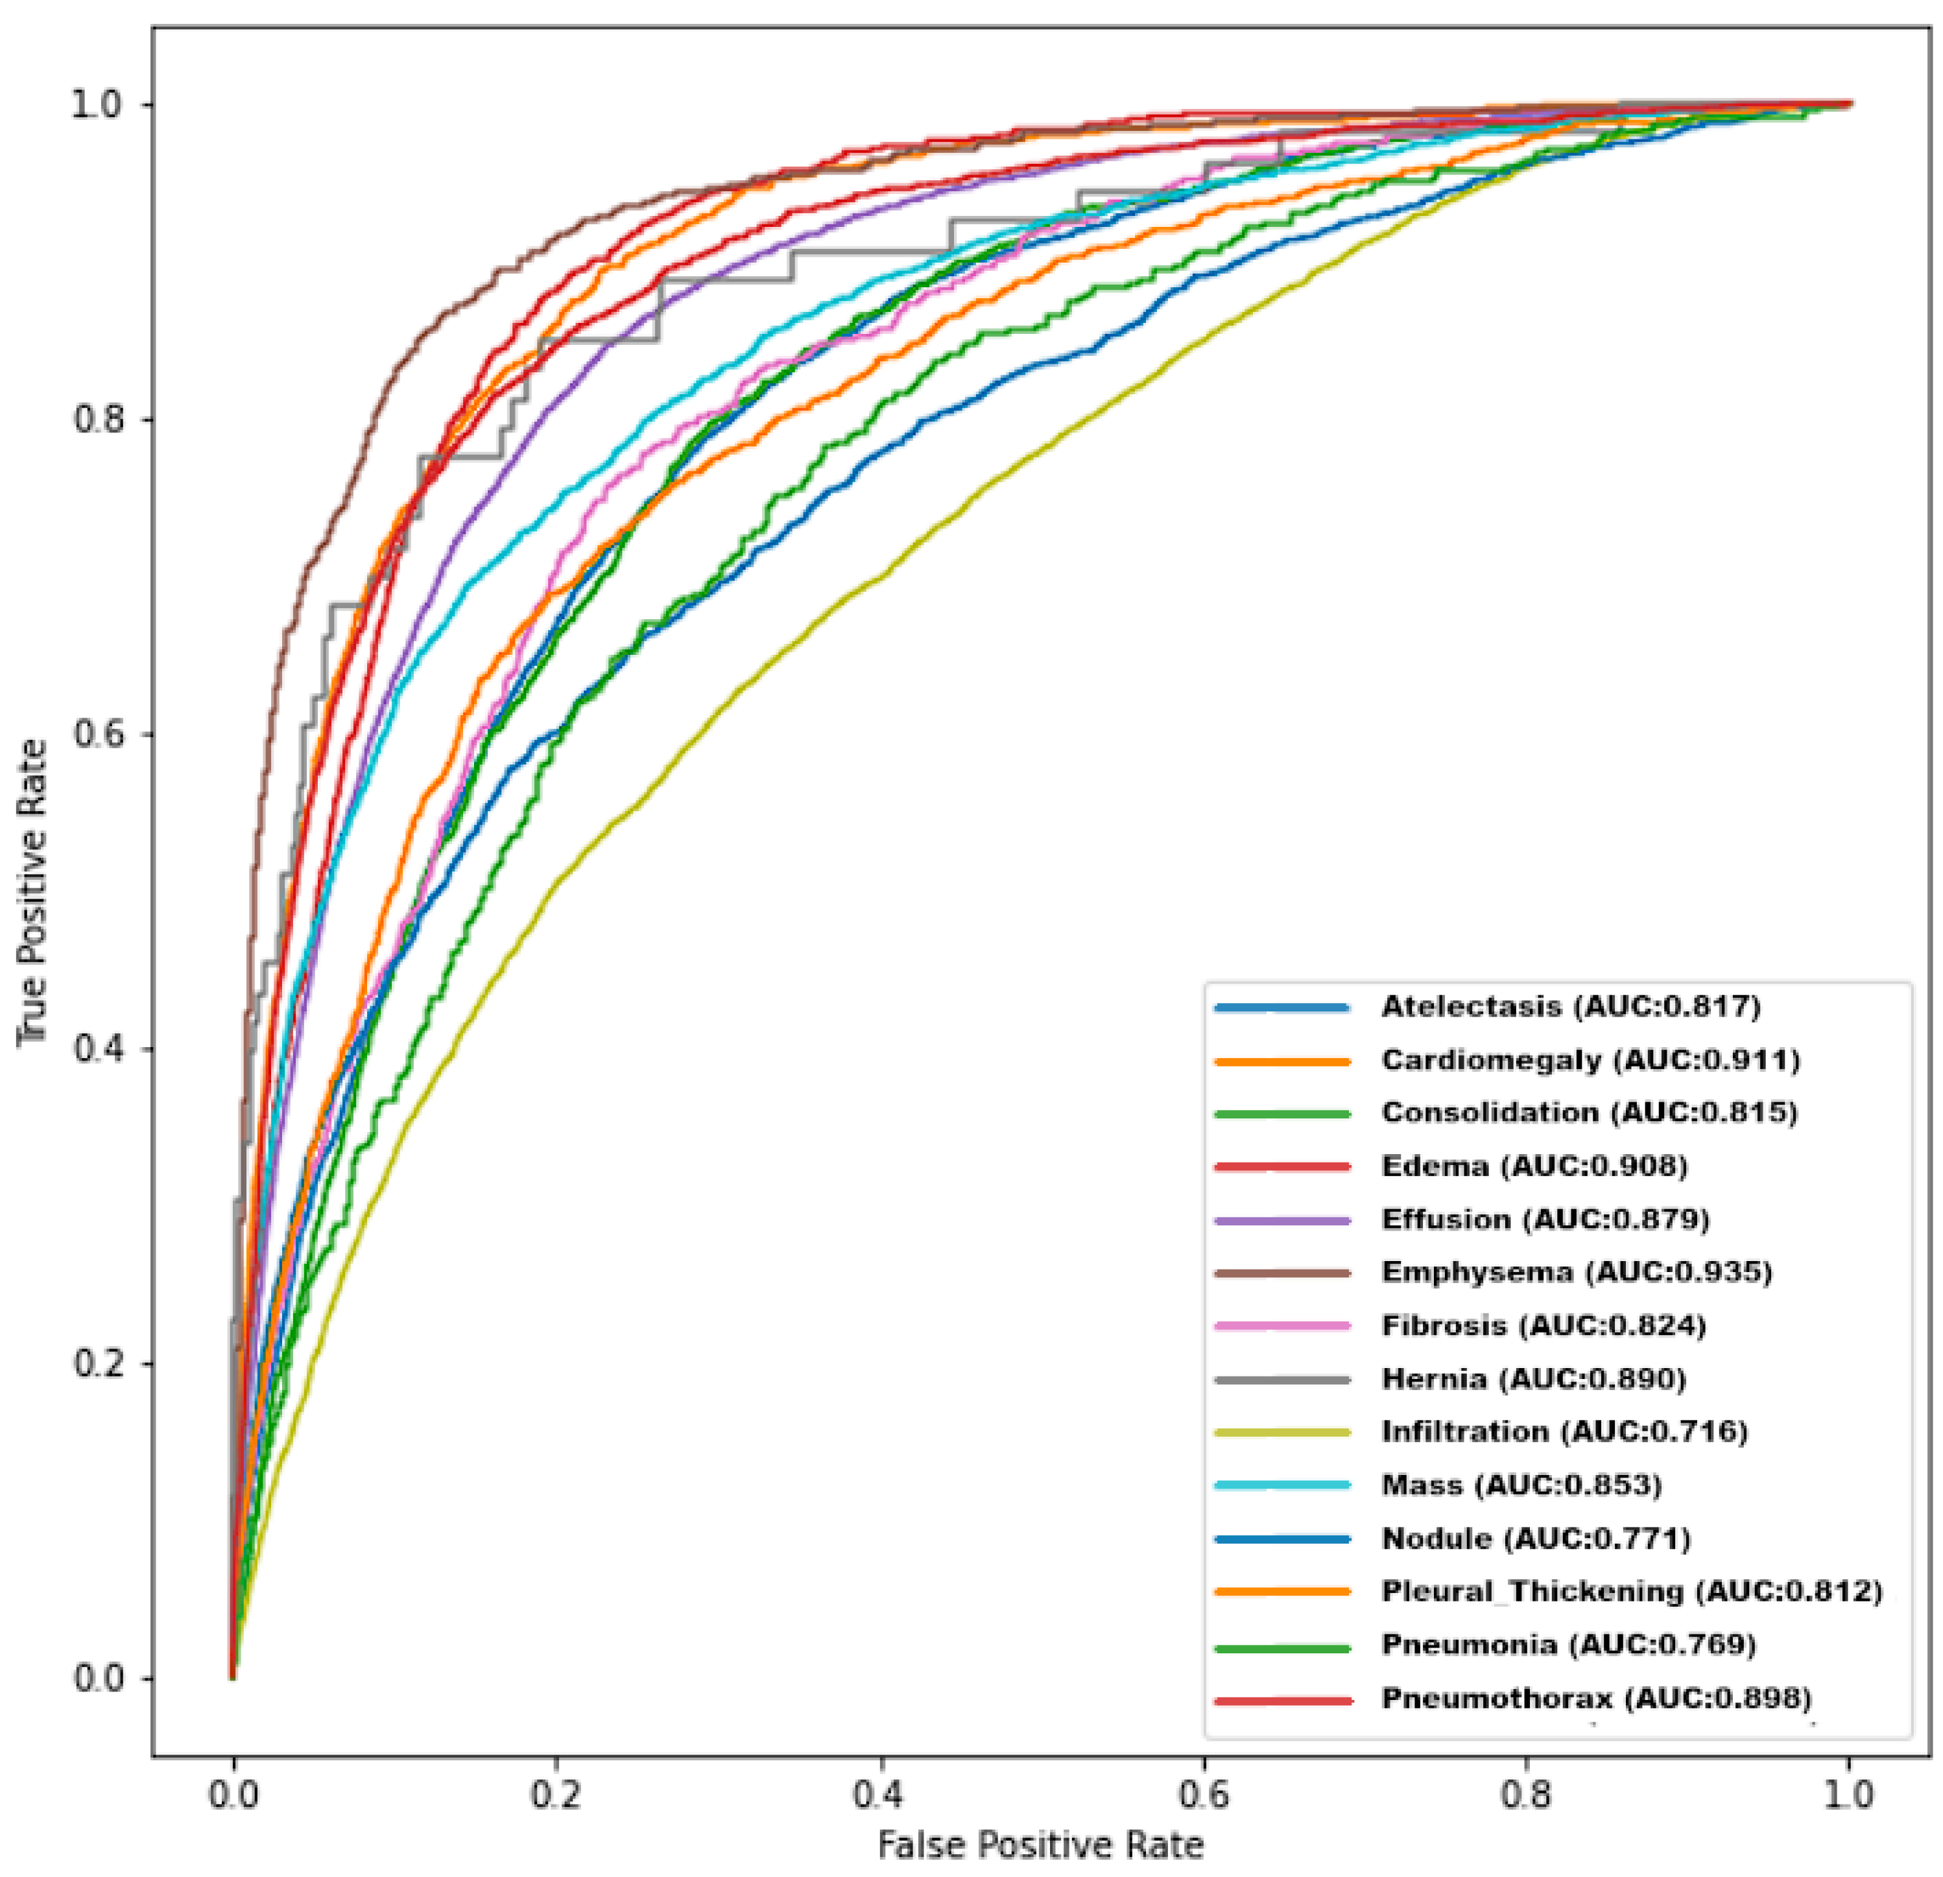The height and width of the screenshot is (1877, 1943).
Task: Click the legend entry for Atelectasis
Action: [x=1570, y=1008]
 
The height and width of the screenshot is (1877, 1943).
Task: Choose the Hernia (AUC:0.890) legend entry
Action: [x=1534, y=1378]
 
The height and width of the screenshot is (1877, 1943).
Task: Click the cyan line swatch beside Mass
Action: [x=1281, y=1485]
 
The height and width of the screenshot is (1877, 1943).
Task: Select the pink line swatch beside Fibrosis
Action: [x=1281, y=1326]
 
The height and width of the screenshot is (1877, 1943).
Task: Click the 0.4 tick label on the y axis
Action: [x=100, y=1048]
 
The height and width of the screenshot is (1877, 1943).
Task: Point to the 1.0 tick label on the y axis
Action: [x=100, y=105]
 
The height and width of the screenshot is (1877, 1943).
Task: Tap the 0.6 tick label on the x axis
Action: [x=1204, y=1795]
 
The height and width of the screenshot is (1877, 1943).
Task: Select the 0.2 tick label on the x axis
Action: [x=556, y=1795]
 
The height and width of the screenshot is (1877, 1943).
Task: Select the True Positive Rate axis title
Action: [x=32, y=892]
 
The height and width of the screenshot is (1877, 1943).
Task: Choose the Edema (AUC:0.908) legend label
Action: [x=1534, y=1166]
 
